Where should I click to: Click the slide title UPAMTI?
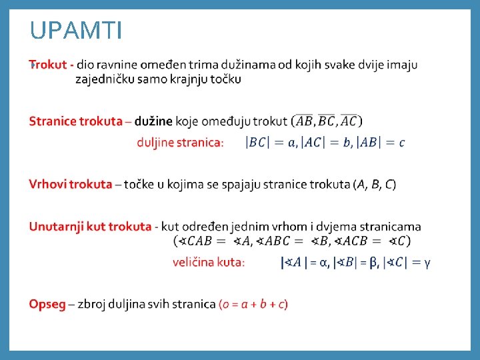76,31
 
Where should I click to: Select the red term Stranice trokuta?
75,121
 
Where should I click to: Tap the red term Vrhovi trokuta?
70,185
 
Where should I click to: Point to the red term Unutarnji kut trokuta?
90,227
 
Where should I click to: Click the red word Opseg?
47,304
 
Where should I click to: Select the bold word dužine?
153,121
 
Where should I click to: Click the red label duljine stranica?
180,142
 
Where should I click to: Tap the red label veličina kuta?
209,263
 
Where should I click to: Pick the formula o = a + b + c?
253,304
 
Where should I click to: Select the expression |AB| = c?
381,142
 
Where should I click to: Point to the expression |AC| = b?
326,142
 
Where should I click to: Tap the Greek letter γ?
427,263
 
